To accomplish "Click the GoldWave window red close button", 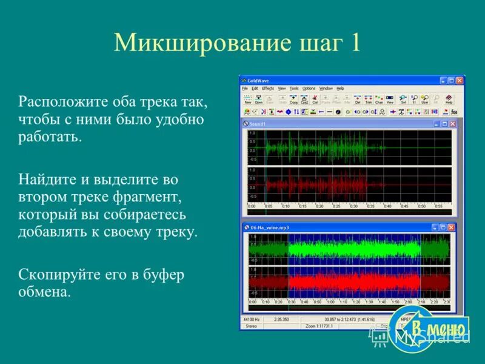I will pyautogui.click(x=460, y=80).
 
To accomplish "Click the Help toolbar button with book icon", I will pyautogui.click(x=449, y=99).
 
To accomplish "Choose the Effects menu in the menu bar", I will pyautogui.click(x=268, y=89).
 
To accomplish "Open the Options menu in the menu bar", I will pyautogui.click(x=309, y=89).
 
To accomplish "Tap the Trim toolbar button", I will pyautogui.click(x=368, y=99).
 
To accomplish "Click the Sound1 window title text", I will pyautogui.click(x=259, y=124).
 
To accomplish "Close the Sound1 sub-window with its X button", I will pyautogui.click(x=452, y=124).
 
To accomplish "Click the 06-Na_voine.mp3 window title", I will pyautogui.click(x=272, y=227).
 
